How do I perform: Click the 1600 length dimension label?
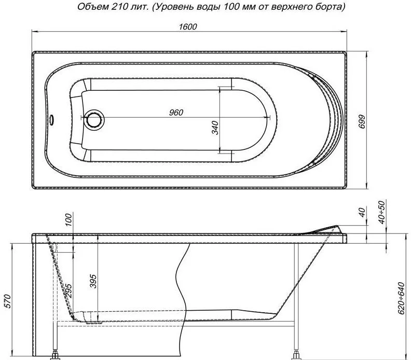pyautogui.click(x=188, y=27)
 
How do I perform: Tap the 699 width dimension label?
pyautogui.click(x=362, y=121)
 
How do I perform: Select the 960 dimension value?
pyautogui.click(x=176, y=113)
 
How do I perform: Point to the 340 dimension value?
pyautogui.click(x=215, y=128)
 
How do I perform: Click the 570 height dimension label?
pyautogui.click(x=8, y=301)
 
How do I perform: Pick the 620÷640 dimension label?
pyautogui.click(x=401, y=298)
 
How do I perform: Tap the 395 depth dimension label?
pyautogui.click(x=93, y=281)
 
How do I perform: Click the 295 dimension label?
pyautogui.click(x=68, y=290)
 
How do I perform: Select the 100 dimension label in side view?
pyautogui.click(x=68, y=219)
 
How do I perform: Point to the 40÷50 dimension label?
pyautogui.click(x=382, y=212)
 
